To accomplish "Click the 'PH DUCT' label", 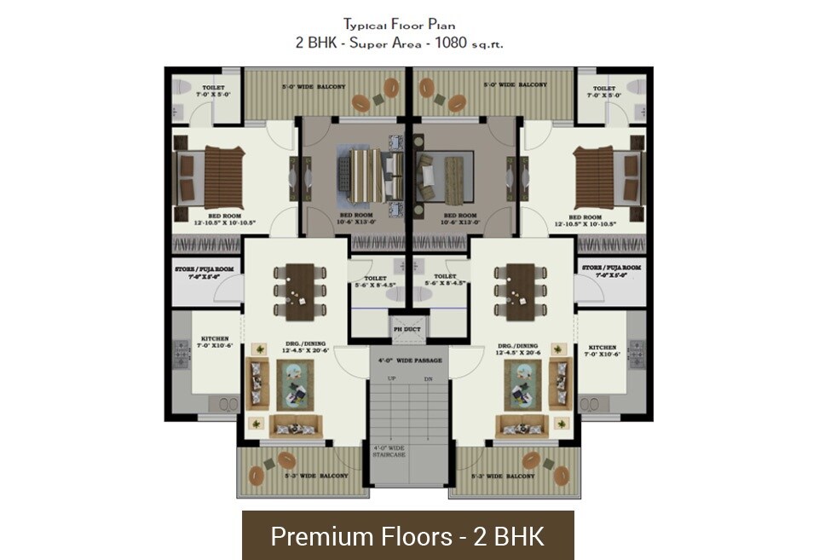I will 401,329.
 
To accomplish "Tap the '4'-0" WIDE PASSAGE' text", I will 410,361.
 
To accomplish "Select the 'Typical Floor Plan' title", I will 408,24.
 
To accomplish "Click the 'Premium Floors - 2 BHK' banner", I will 407,536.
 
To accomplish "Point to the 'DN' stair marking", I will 428,378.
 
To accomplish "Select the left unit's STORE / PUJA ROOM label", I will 204,272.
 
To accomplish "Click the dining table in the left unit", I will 300,291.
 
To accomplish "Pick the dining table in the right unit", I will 520,291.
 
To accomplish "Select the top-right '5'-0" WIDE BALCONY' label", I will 515,85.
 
